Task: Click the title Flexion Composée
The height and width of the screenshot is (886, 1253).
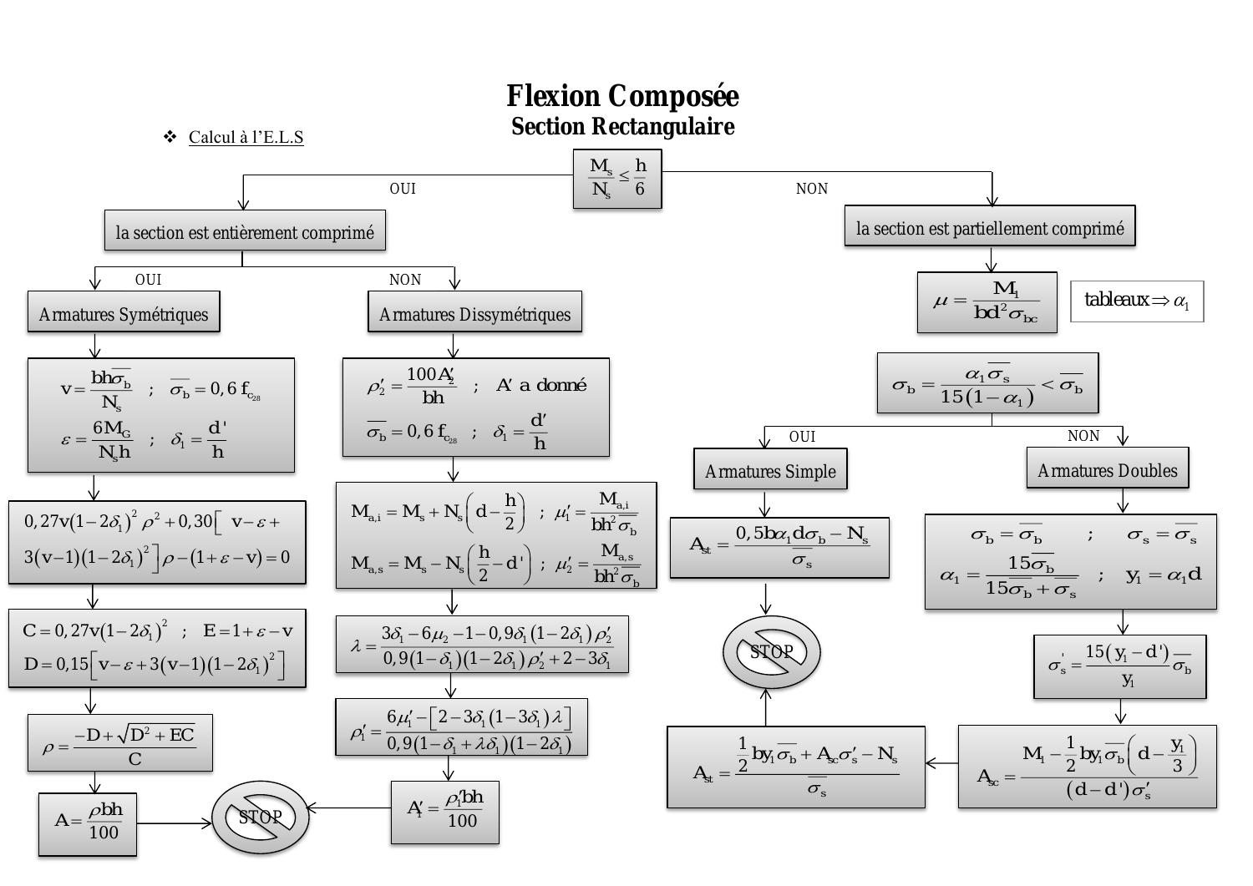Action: pos(622,96)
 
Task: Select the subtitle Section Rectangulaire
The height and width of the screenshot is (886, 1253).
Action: pos(622,127)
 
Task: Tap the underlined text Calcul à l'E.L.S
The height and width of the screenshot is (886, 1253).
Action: pos(246,137)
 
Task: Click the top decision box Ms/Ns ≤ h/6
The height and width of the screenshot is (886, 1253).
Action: pos(617,179)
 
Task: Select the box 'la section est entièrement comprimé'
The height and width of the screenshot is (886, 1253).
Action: pos(245,231)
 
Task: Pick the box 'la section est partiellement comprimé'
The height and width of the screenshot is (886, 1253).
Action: pos(990,227)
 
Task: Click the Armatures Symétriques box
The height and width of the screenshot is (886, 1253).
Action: pos(124,313)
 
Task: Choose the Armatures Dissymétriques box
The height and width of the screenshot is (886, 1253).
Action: pos(474,313)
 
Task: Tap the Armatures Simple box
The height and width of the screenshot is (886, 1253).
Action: pos(770,470)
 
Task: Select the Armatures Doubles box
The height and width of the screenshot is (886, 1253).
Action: pos(1107,469)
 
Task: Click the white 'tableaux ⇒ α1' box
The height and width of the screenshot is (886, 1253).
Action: pos(1137,301)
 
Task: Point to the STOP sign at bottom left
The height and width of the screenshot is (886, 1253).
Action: pos(260,818)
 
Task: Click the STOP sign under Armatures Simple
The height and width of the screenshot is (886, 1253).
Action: pos(771,652)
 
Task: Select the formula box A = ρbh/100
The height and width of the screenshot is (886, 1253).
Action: pos(88,824)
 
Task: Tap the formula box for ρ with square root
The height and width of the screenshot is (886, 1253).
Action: pos(119,743)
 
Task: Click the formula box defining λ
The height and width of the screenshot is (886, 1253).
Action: pos(482,645)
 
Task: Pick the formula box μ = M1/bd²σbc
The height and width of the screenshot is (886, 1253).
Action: pos(987,302)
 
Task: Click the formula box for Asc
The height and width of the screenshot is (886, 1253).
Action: pos(1087,767)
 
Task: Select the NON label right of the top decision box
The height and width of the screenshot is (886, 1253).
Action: pos(811,189)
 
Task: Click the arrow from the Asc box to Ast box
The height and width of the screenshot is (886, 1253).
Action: pos(941,763)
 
